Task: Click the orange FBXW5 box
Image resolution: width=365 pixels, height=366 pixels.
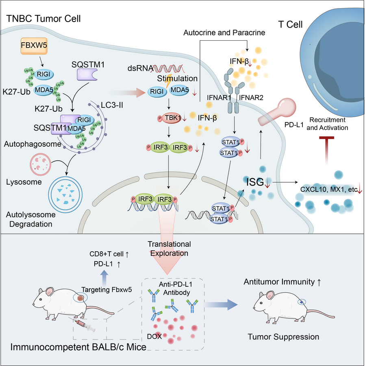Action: pyautogui.click(x=34, y=46)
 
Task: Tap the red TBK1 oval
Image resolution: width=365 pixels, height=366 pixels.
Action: pyautogui.click(x=172, y=118)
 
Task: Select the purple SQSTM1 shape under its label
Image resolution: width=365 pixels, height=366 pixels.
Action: pyautogui.click(x=87, y=75)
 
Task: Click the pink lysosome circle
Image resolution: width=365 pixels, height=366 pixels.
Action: pyautogui.click(x=40, y=164)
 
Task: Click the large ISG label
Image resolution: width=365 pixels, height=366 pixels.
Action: pyautogui.click(x=255, y=182)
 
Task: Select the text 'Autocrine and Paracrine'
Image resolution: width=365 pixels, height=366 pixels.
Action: pyautogui.click(x=224, y=33)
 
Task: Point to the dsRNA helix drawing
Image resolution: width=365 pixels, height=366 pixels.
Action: pyautogui.click(x=169, y=69)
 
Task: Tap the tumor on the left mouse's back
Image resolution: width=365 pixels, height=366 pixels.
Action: pyautogui.click(x=80, y=298)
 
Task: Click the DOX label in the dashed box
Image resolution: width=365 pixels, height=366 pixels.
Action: pyautogui.click(x=154, y=336)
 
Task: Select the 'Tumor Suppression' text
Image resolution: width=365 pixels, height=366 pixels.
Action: pyautogui.click(x=283, y=337)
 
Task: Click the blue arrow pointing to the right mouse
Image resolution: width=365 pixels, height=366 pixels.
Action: pyautogui.click(x=221, y=304)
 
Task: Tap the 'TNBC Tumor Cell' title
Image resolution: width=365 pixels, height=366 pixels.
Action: pyautogui.click(x=43, y=19)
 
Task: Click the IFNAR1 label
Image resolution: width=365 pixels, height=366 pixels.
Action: pyautogui.click(x=219, y=98)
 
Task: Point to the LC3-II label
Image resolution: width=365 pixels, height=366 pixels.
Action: pyautogui.click(x=112, y=105)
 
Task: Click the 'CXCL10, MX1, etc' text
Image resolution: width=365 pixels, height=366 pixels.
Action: pyautogui.click(x=329, y=189)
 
